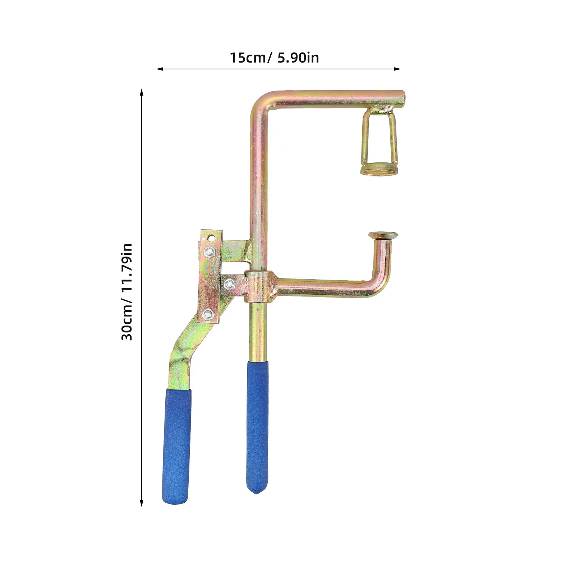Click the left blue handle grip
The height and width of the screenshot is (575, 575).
pyautogui.click(x=177, y=446)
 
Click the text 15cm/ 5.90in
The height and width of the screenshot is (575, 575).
pyautogui.click(x=275, y=57)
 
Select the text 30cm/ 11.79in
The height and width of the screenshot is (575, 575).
pyautogui.click(x=127, y=292)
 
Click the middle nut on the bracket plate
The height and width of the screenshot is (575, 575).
pyautogui.click(x=229, y=285)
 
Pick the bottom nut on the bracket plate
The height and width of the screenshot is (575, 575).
pyautogui.click(x=207, y=315)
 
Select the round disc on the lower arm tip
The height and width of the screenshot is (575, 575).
pyautogui.click(x=383, y=235)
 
